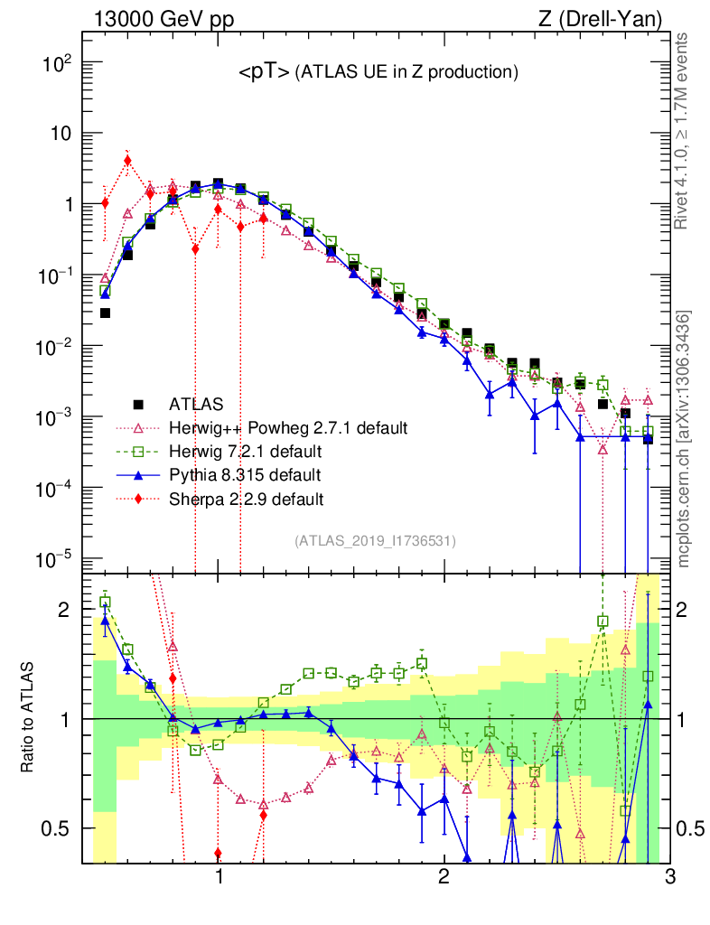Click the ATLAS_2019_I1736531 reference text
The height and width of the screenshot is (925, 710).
375,541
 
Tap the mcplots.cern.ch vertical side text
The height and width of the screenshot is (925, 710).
684,439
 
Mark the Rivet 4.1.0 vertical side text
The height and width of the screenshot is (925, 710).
684,130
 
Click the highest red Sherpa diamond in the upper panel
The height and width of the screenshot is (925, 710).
127,161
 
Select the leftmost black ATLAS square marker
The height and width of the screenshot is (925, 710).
105,313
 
